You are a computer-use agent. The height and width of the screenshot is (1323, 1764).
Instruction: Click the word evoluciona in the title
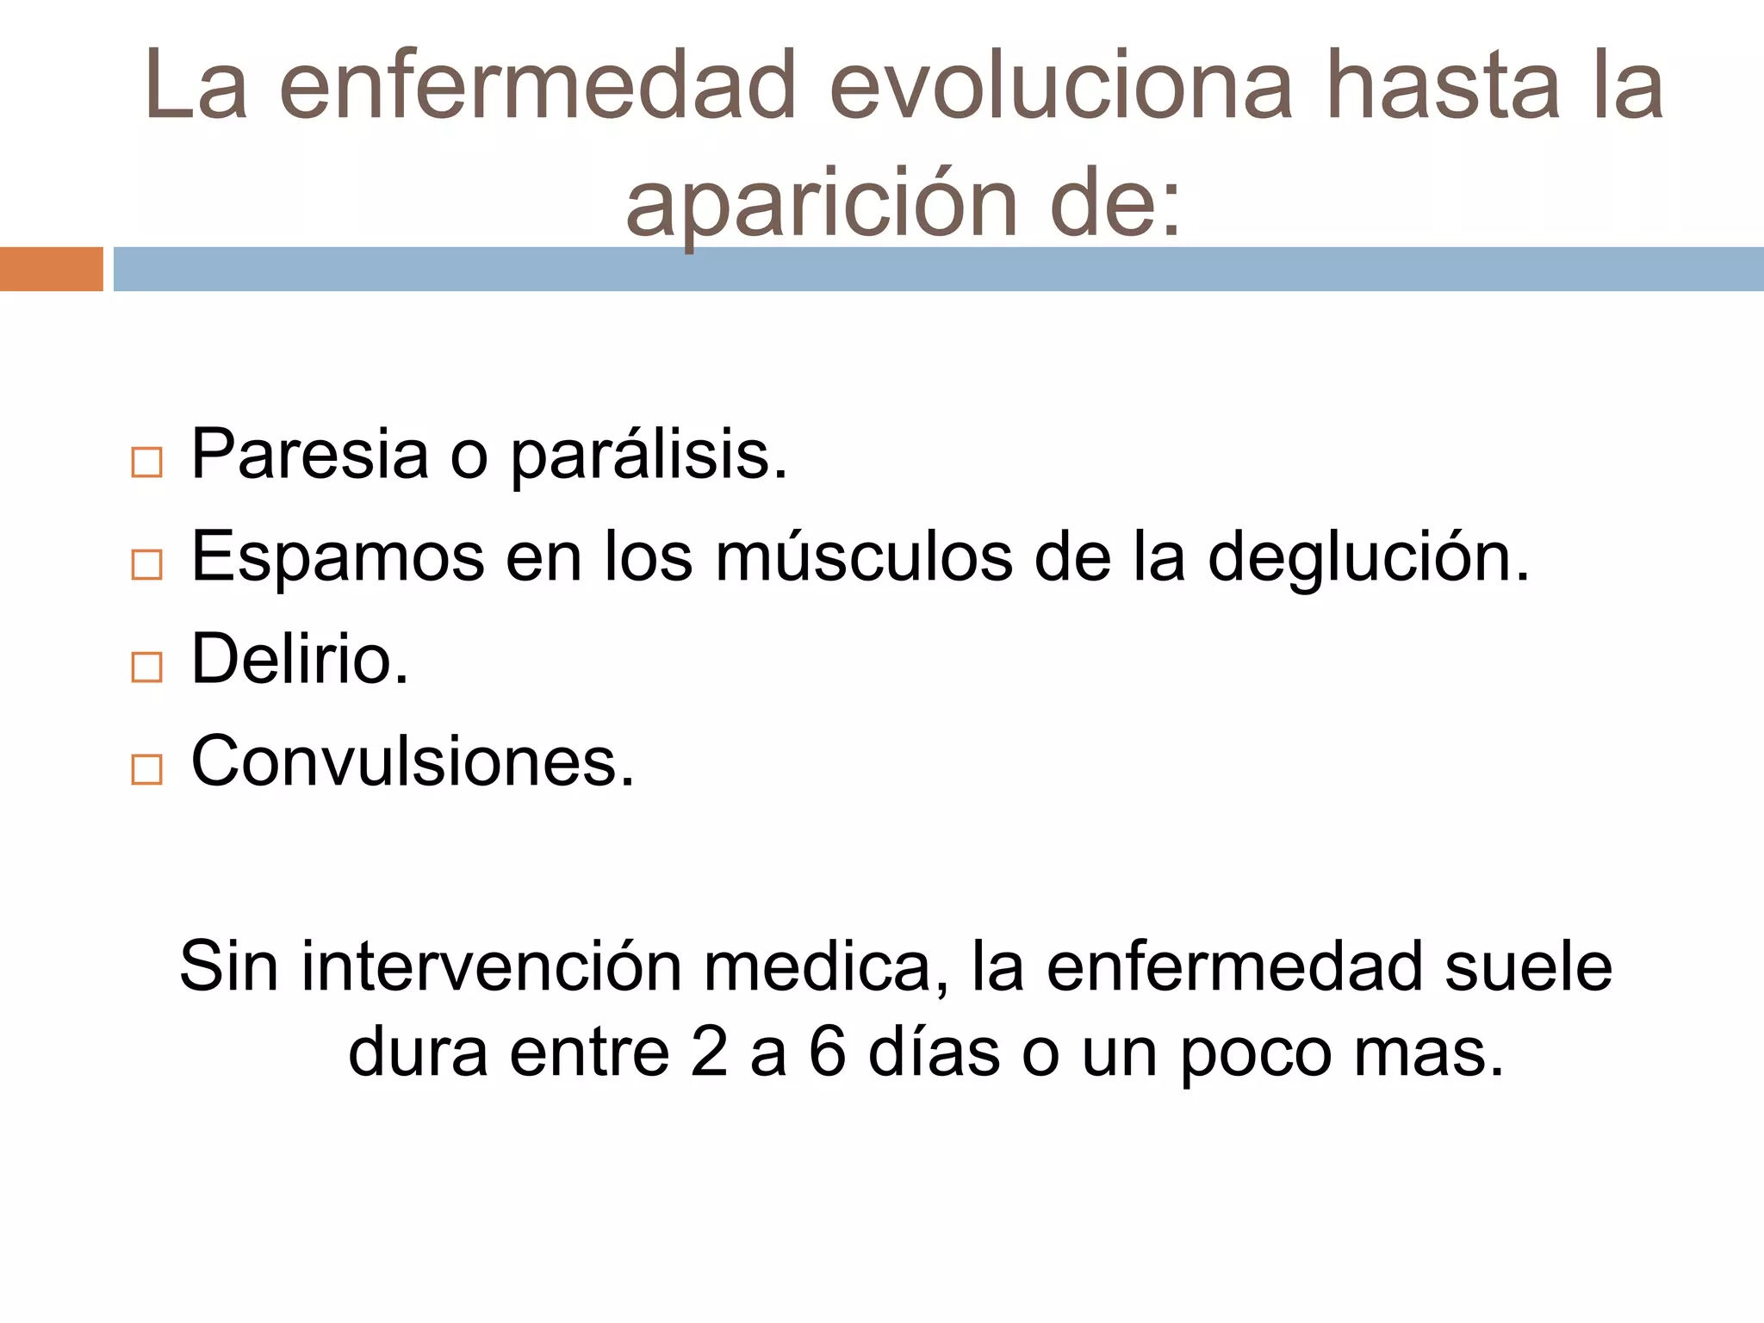tap(1060, 85)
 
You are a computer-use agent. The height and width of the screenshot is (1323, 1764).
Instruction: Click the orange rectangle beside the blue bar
tap(51, 269)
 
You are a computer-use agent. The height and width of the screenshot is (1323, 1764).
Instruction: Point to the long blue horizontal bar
tap(938, 269)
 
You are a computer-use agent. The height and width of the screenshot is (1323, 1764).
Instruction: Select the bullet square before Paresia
tap(146, 463)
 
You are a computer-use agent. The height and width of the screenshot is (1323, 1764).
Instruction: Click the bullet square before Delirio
tap(146, 668)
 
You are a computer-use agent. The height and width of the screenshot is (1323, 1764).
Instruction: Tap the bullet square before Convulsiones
tap(146, 769)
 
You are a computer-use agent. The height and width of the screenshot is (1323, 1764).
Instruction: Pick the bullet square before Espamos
tap(146, 565)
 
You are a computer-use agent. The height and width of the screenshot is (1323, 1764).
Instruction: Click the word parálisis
tap(649, 456)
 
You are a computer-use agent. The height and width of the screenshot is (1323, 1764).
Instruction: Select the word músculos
tap(864, 557)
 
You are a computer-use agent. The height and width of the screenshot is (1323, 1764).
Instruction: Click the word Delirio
tap(299, 659)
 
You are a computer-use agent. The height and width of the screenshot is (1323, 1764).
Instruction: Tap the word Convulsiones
tap(412, 761)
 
